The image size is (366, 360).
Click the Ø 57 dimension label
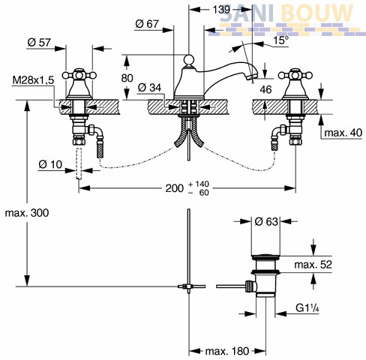[39, 42]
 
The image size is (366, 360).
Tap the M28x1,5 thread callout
[33, 80]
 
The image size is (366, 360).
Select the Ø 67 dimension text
[147, 24]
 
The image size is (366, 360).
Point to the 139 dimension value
[221, 10]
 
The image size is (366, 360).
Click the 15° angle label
[280, 40]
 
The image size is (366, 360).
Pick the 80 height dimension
[127, 78]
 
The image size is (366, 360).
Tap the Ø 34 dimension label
[149, 88]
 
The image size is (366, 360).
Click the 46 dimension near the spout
[265, 89]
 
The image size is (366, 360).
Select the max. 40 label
[343, 133]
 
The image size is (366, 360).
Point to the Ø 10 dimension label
[50, 164]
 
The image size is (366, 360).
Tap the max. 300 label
[27, 213]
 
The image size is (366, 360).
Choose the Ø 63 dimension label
[266, 221]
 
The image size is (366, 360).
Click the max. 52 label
[313, 264]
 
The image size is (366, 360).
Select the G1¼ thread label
[307, 307]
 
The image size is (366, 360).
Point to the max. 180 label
[227, 351]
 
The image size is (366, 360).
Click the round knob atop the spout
[189, 59]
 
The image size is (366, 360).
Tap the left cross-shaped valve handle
[79, 75]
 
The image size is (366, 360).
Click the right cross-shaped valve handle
[295, 75]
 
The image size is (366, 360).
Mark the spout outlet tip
[253, 76]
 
